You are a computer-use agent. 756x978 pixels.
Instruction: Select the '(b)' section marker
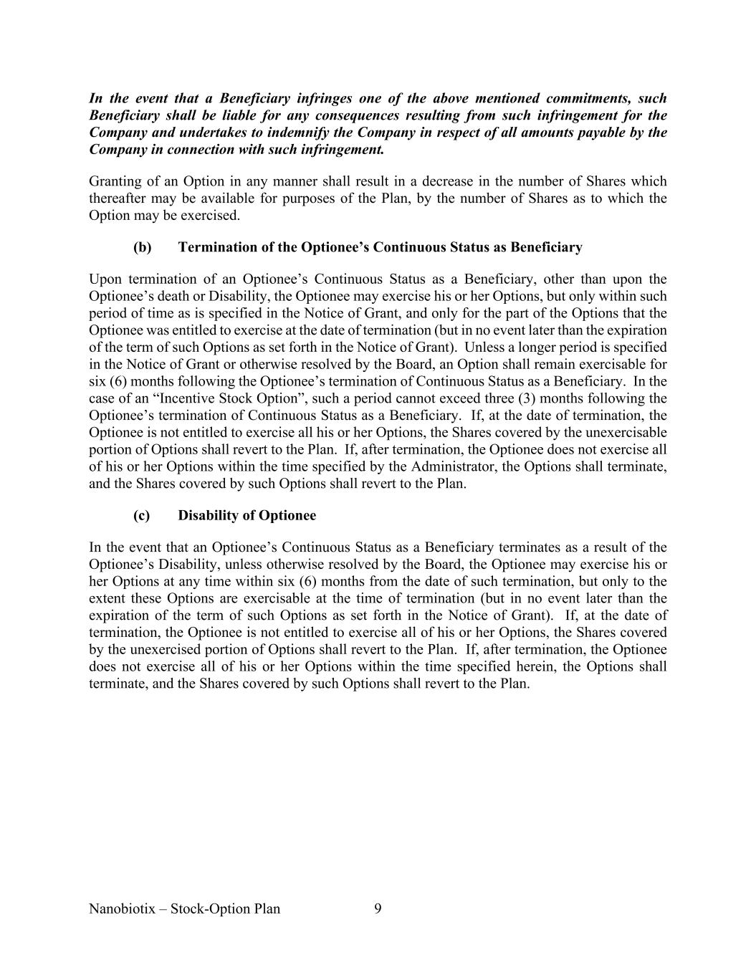[x=142, y=247]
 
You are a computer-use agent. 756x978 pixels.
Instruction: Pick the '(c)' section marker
[x=141, y=516]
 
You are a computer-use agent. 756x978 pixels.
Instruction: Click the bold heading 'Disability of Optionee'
[x=247, y=516]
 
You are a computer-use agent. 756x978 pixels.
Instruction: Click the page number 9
[x=378, y=909]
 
